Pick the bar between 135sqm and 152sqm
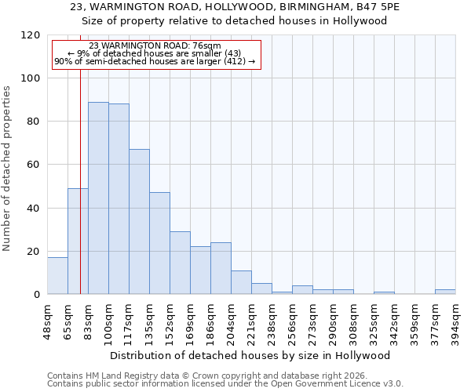pos(159,243)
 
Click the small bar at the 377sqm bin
pos(445,292)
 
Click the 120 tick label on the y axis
pos(31,35)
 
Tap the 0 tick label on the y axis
pos(37,294)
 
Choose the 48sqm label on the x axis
pos(48,320)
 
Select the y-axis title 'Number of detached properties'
pos(8,169)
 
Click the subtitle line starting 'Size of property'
pos(235,20)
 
